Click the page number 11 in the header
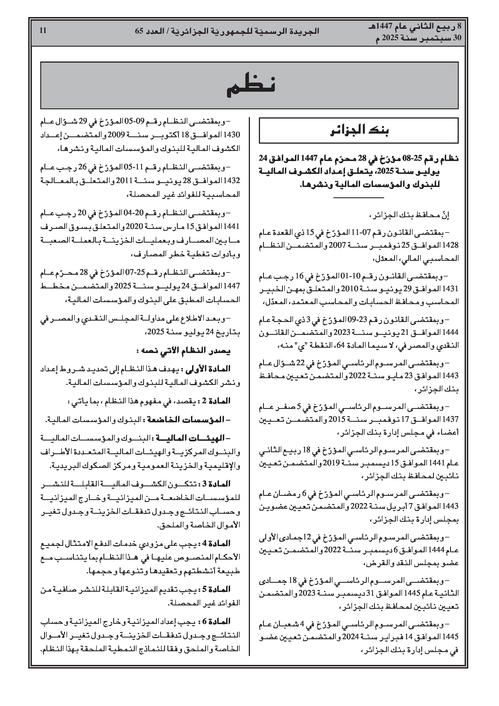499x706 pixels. [43, 31]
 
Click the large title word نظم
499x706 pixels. [250, 86]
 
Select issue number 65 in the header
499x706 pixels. [139, 31]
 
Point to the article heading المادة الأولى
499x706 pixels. [208, 369]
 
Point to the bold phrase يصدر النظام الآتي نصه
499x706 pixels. [184, 351]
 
